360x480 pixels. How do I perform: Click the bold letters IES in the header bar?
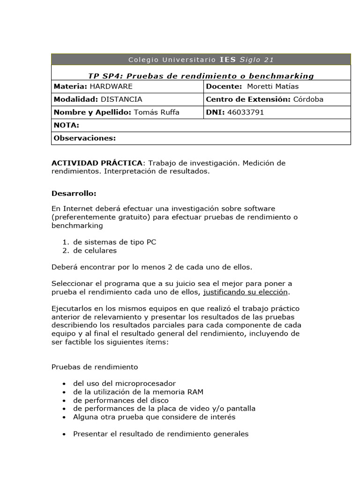[228, 60]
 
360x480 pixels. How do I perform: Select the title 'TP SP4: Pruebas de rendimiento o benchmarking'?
[201, 76]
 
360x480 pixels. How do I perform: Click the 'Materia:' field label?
[70, 86]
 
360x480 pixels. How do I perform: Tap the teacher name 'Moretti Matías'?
[272, 86]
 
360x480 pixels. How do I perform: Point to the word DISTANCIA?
[121, 99]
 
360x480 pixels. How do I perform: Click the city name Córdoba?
[308, 99]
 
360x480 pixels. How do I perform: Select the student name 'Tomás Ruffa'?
[157, 112]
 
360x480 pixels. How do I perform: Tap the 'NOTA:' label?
[67, 125]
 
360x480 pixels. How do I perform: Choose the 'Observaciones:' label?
[84, 138]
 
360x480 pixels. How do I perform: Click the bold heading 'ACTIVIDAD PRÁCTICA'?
[97, 163]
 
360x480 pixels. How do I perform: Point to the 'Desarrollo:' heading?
[74, 193]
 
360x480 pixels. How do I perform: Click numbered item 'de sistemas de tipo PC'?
[114, 242]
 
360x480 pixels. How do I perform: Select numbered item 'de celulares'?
[95, 250]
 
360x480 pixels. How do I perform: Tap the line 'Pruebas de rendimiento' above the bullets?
[95, 367]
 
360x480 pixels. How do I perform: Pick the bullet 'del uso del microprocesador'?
[124, 383]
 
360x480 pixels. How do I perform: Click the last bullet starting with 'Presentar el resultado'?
[160, 434]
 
